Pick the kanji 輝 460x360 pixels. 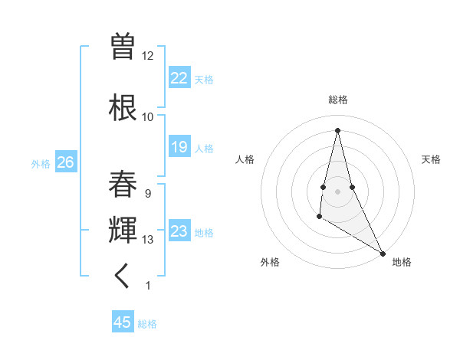pos(123,230)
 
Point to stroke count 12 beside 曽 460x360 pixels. pos(148,55)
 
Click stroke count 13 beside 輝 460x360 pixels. pos(148,240)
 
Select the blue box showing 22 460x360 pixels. pos(179,78)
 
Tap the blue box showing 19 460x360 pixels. pos(179,147)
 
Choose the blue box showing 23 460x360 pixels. pos(179,231)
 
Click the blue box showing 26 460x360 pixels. pos(65,162)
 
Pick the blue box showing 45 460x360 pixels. pos(123,322)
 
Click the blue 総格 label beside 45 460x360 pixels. pos(147,324)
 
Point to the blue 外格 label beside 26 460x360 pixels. pos(41,163)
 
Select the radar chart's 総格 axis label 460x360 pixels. pos(338,100)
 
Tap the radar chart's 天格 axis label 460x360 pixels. pos(431,159)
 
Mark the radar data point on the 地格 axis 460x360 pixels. pos(383,254)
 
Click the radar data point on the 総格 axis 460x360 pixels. pos(337,129)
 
